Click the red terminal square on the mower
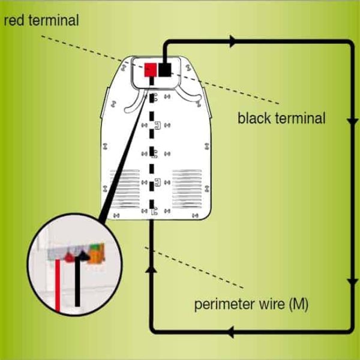[151, 70]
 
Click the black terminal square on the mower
[165, 70]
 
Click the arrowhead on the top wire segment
[233, 41]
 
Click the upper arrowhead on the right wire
[352, 121]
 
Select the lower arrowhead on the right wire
[352, 282]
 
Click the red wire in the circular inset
[58, 286]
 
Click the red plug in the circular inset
[69, 257]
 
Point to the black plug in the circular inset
[83, 256]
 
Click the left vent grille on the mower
[125, 189]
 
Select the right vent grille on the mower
[187, 189]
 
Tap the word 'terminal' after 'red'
[54, 20]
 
